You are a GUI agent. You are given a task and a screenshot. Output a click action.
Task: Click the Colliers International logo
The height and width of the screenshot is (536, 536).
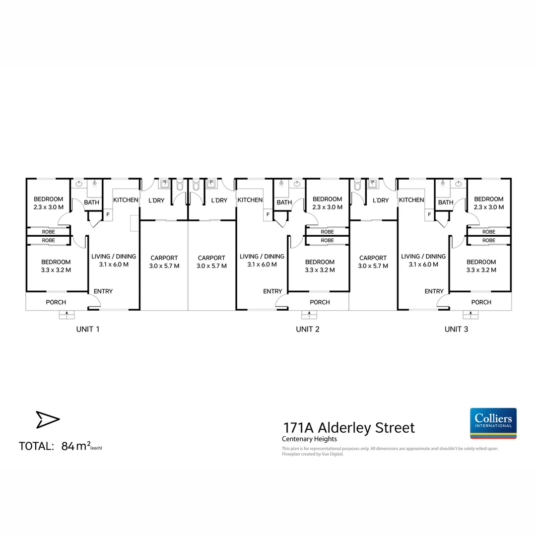[493, 423]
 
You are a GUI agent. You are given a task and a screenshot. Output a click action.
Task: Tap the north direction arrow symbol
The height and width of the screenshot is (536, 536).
[48, 419]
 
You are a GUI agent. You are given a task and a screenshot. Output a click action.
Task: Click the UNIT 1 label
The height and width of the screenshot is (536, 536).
[88, 329]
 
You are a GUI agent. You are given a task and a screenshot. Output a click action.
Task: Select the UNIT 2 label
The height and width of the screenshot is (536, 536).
[308, 329]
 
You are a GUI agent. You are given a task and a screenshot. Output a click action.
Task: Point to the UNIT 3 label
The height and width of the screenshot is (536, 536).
[457, 329]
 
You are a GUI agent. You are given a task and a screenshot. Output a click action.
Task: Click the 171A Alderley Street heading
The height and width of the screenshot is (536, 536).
[349, 428]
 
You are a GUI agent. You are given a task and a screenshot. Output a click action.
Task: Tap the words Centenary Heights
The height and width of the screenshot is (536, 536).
[309, 439]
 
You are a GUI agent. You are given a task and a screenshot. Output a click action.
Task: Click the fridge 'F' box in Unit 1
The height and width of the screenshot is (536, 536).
[108, 215]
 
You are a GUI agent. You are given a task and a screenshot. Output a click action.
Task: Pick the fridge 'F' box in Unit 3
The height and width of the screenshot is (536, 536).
[429, 215]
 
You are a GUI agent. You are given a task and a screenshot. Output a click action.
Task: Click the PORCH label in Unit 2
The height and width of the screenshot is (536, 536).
[320, 302]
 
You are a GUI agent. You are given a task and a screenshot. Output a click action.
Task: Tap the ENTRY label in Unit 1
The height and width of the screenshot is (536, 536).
[103, 291]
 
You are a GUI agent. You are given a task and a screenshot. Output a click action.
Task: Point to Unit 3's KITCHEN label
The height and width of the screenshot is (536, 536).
[411, 200]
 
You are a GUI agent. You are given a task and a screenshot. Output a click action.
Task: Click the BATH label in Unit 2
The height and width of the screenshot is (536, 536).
[284, 202]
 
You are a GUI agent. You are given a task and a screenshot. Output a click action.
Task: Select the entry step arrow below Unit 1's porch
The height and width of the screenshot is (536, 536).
[67, 314]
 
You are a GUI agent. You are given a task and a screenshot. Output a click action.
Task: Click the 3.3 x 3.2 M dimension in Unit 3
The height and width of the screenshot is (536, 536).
[481, 270]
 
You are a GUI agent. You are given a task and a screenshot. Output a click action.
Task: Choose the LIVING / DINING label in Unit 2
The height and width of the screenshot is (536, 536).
[262, 257]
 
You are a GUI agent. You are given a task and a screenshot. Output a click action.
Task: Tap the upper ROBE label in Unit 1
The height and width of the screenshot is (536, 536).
[49, 232]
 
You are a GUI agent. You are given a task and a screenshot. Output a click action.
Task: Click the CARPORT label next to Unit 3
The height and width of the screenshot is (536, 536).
[373, 258]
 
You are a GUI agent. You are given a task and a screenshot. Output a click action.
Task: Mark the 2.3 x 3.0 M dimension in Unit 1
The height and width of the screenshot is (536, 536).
[49, 207]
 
